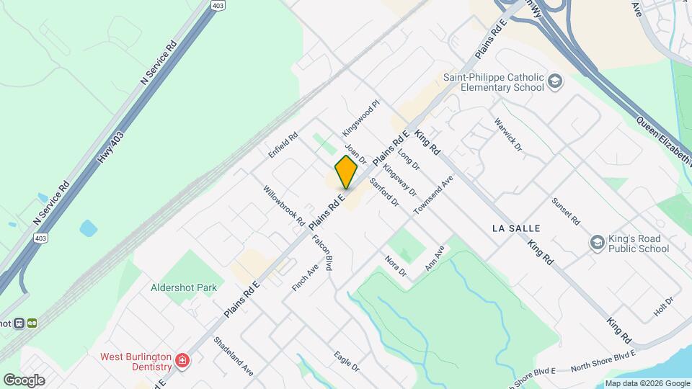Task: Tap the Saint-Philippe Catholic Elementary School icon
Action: click(x=555, y=82)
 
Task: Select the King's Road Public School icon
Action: click(x=596, y=243)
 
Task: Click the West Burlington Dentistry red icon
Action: click(x=182, y=359)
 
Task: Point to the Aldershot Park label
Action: click(x=183, y=287)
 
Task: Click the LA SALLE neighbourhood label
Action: click(x=515, y=228)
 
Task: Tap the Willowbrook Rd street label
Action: click(x=284, y=206)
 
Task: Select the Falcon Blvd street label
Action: click(x=324, y=252)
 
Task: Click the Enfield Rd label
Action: click(x=283, y=145)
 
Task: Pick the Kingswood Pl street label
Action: click(x=360, y=119)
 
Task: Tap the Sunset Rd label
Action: click(x=566, y=210)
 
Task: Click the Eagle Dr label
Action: click(x=347, y=361)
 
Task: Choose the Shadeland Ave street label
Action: click(x=234, y=356)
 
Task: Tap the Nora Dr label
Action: click(x=396, y=266)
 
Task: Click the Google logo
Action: click(x=24, y=380)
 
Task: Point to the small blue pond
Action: click(x=89, y=229)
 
